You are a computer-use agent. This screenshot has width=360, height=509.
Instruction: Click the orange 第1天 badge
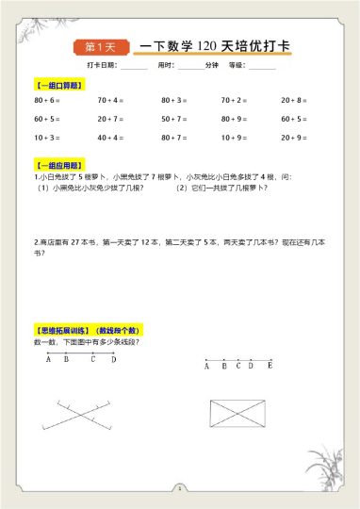click(100, 46)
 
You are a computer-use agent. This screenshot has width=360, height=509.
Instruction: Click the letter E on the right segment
click(270, 366)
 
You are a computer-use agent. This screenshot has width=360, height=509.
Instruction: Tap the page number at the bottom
click(179, 489)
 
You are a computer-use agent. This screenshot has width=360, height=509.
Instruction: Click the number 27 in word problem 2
click(79, 241)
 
